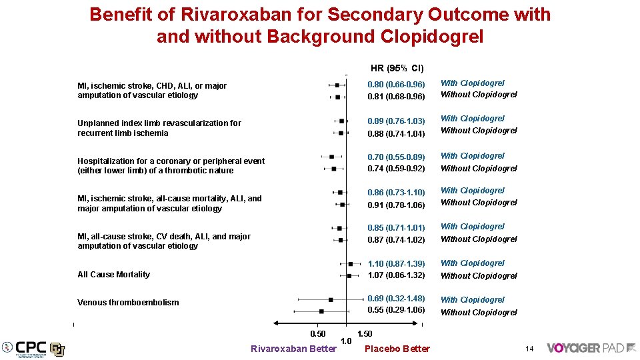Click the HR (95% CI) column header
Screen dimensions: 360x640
point(397,68)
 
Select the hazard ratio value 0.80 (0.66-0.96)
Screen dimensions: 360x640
point(396,85)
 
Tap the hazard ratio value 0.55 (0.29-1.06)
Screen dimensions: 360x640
point(396,310)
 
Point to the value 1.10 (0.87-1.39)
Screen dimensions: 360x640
point(396,264)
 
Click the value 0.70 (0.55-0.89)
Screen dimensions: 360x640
point(396,157)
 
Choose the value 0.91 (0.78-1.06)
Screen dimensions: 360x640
point(396,205)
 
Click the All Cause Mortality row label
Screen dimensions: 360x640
point(113,275)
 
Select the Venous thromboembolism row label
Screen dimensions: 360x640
point(128,303)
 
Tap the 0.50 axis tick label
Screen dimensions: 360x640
point(318,334)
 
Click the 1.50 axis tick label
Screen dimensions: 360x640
point(365,334)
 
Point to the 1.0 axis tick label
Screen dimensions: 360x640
point(346,341)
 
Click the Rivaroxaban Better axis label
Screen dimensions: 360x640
point(293,349)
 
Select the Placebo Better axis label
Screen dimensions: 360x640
point(397,349)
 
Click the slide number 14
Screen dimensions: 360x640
point(529,349)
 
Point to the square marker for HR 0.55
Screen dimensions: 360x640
point(321,311)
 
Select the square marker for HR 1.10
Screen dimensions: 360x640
point(351,264)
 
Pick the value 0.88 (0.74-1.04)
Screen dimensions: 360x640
point(396,133)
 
